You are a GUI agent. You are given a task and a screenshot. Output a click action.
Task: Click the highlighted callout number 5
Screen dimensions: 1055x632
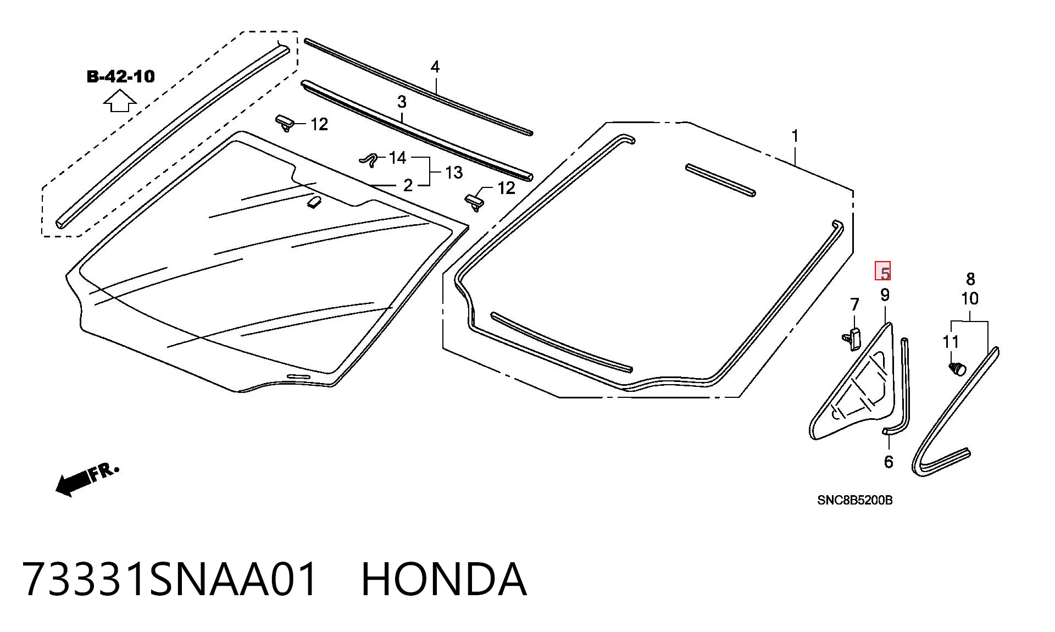883,271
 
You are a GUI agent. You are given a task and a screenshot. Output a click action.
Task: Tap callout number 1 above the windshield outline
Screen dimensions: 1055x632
795,135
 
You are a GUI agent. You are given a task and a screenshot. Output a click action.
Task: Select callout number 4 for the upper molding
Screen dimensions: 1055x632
435,67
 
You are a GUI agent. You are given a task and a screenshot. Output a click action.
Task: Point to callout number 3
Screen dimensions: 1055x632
402,102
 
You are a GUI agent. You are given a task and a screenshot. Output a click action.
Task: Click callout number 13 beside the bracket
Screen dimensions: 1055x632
454,173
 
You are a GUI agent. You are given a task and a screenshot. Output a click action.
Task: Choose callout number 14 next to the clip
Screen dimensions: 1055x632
397,158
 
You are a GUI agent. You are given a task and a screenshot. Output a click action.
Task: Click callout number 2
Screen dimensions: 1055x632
408,185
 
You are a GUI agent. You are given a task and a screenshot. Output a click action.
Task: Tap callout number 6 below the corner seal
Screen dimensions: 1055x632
889,462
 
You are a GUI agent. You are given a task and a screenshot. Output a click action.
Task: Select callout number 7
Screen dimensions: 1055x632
854,304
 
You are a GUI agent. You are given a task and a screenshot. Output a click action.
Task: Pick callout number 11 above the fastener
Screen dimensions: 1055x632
951,342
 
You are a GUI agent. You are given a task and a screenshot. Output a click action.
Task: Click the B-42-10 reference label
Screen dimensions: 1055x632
121,76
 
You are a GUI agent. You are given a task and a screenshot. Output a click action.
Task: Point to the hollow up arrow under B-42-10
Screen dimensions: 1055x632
120,101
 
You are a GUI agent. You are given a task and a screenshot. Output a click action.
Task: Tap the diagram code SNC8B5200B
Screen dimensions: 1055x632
854,500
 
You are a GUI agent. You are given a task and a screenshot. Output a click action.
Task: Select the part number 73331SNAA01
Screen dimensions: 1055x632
170,579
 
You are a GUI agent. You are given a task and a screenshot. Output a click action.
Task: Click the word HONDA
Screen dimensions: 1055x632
444,579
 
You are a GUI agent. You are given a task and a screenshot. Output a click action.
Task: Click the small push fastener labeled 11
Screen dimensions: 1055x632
957,368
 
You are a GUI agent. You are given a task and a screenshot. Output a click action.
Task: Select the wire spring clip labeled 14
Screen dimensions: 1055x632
370,159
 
